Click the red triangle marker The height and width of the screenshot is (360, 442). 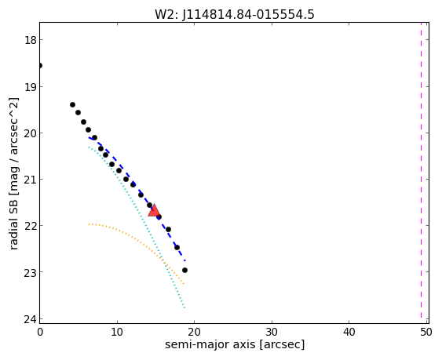(154, 210)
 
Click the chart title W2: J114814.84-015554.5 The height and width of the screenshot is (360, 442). (234, 14)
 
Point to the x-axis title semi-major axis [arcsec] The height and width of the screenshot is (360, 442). (235, 344)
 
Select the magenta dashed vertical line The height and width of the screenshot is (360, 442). (421, 173)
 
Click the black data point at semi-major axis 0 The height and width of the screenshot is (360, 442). (40, 66)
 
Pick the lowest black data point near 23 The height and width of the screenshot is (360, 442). (184, 270)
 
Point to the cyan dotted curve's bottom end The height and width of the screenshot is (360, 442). (184, 308)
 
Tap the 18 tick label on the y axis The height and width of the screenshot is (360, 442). (30, 40)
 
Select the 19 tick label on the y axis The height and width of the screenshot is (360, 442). (30, 86)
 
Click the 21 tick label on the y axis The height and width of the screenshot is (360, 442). (30, 179)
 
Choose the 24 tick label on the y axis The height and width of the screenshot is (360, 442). (30, 319)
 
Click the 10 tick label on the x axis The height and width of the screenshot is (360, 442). (117, 332)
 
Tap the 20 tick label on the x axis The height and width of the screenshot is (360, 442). (194, 332)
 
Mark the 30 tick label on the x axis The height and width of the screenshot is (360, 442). (272, 332)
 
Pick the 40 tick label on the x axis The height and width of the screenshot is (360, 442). (349, 332)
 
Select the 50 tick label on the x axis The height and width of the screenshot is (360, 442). (426, 332)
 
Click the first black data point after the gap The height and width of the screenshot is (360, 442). (72, 105)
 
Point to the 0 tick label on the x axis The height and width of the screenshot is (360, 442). (40, 332)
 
